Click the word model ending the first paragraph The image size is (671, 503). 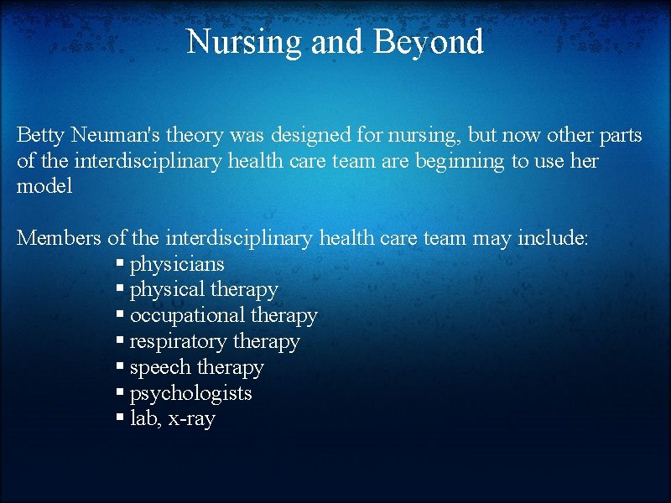44,186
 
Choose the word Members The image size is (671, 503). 59,238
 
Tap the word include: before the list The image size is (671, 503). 553,238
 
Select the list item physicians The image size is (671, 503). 177,264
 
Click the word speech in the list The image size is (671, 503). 160,368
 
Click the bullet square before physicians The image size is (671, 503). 121,265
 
